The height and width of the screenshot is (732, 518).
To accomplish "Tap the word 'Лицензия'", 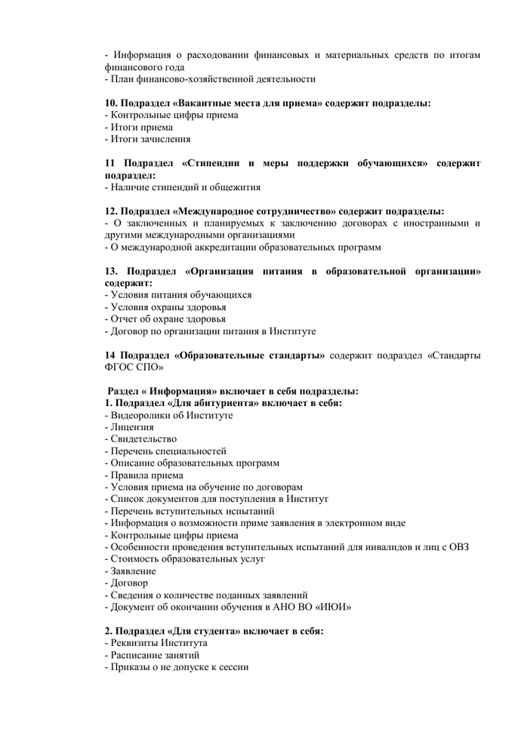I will click(132, 427).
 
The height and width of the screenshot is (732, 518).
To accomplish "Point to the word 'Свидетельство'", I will click(143, 439).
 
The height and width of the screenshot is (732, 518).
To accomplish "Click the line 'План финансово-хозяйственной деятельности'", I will click(212, 78).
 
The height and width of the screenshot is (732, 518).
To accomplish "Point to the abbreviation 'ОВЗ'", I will click(457, 546).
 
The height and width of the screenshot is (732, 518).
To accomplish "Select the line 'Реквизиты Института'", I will click(159, 643).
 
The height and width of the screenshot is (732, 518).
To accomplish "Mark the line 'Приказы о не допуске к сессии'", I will click(179, 667).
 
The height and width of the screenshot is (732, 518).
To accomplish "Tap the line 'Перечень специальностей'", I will click(168, 451).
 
